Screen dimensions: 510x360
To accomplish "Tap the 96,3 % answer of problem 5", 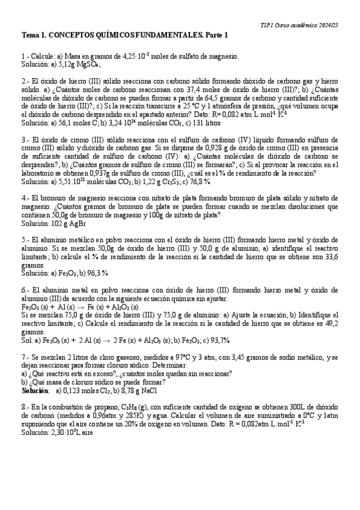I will click(x=96, y=273).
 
